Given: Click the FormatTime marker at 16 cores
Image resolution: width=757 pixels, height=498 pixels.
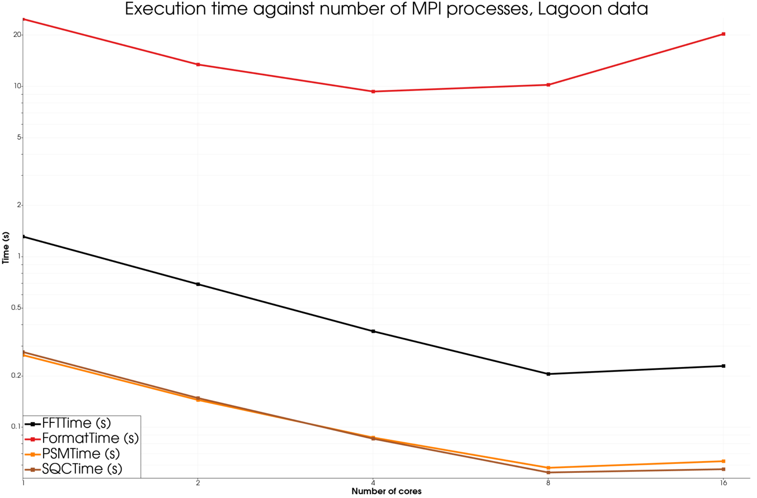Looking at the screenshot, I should click(723, 34).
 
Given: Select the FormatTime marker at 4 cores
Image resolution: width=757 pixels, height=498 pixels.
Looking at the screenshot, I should click(373, 91).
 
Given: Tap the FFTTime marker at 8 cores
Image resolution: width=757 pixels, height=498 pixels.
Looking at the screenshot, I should click(548, 374).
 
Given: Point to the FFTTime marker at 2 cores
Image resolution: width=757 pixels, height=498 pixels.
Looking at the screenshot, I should click(198, 284).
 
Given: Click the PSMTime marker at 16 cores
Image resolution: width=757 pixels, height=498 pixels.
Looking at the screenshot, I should click(723, 461).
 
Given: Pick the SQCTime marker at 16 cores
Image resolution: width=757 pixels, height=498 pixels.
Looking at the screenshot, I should click(723, 469).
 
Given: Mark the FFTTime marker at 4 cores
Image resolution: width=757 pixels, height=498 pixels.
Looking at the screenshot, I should click(373, 331).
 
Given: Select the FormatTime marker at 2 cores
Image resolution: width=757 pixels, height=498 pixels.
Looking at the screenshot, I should click(198, 64).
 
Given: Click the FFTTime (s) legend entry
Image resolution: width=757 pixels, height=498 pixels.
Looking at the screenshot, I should click(76, 423).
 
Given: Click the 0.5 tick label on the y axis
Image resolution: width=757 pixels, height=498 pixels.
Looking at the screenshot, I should click(16, 308).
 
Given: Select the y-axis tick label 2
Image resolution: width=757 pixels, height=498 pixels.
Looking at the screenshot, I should click(19, 205).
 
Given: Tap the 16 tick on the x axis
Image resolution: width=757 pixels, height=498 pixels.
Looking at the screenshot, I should click(723, 483).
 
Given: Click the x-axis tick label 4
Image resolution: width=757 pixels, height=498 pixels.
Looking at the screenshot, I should click(373, 483).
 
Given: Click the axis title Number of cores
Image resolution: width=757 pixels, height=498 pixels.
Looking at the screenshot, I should click(386, 491).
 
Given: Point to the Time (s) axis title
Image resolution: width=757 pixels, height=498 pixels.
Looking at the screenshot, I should click(6, 248).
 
